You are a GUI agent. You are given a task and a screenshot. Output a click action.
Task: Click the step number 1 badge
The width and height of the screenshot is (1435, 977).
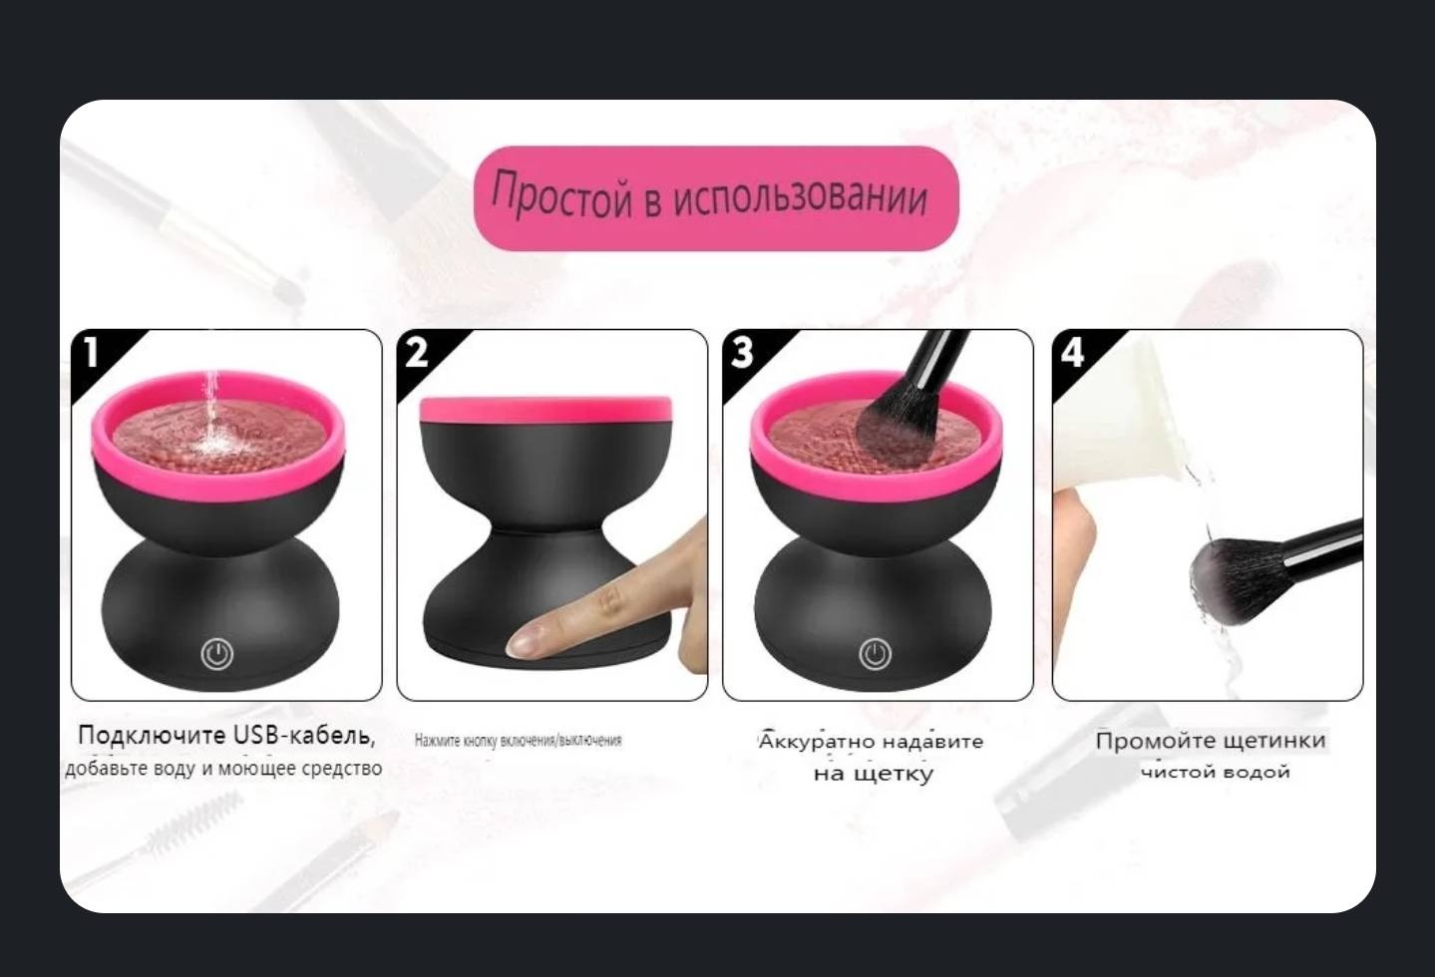click(91, 352)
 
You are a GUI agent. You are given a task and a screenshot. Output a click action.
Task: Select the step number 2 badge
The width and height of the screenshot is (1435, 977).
click(417, 352)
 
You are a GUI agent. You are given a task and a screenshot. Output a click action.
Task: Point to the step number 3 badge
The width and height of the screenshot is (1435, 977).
click(743, 352)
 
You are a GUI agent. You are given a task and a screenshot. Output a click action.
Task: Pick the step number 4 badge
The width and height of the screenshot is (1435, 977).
click(1072, 352)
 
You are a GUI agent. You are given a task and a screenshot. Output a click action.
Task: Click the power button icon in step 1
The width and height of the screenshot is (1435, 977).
click(217, 654)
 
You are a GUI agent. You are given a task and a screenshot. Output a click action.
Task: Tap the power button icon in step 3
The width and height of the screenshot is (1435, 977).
click(876, 654)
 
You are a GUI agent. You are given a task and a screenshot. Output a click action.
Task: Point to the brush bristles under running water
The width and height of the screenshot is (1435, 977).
click(1234, 579)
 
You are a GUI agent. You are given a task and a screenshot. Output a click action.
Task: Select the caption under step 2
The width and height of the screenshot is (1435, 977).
click(519, 741)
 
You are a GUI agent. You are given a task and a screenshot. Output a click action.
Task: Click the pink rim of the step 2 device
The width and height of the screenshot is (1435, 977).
click(545, 410)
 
